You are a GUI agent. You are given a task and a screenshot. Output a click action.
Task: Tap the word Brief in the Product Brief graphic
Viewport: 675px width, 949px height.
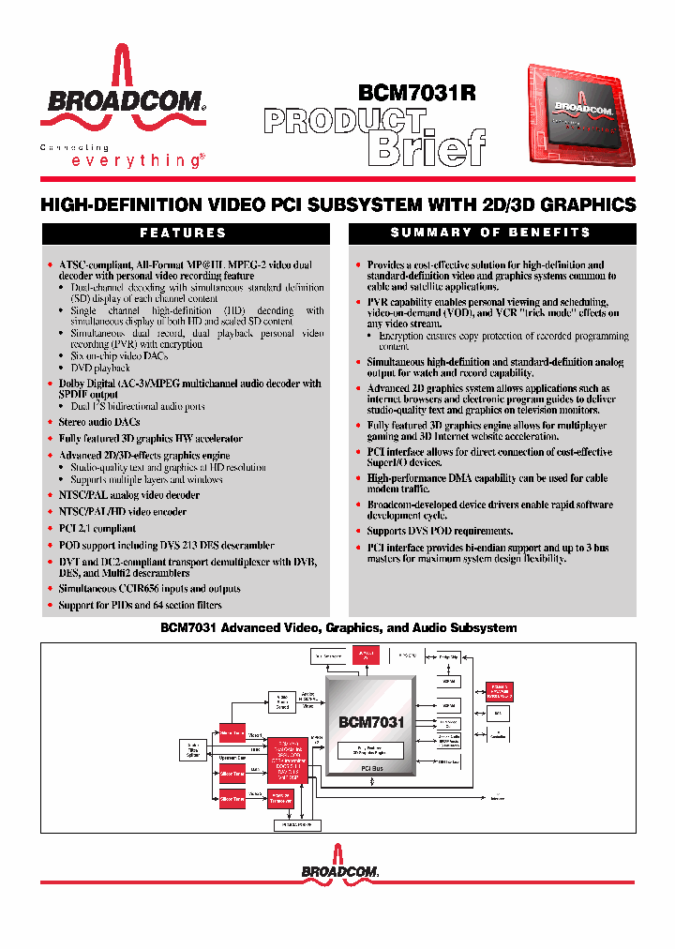coord(426,148)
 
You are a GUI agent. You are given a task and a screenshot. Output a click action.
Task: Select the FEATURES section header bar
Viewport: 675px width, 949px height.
coord(183,233)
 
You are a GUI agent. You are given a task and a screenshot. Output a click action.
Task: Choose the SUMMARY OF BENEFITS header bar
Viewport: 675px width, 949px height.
coord(490,233)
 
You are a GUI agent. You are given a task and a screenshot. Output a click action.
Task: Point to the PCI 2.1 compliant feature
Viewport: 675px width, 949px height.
coord(97,529)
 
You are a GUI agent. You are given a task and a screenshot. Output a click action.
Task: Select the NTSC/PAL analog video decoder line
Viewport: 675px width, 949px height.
coord(129,495)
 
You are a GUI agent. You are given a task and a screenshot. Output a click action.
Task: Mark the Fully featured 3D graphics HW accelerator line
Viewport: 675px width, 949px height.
coord(150,438)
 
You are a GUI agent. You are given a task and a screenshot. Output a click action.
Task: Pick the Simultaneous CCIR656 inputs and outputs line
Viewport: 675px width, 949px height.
coord(149,589)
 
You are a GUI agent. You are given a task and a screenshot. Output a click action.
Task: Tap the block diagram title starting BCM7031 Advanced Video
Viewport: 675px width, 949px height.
coord(339,627)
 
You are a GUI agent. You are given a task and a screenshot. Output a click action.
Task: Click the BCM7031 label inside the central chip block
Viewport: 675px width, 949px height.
coord(371,722)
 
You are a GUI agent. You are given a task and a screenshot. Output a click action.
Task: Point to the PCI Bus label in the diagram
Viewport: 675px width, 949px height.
coord(371,768)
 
